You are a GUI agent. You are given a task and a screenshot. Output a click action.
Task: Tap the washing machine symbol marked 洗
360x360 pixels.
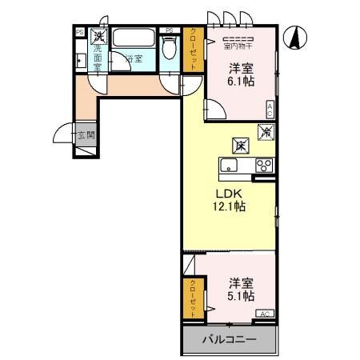(97, 35)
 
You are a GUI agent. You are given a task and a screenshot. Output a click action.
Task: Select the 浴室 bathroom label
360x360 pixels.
(133, 58)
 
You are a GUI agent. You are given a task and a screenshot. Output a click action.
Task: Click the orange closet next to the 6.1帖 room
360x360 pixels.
(193, 50)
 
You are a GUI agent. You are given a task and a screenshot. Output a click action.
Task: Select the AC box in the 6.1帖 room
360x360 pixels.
(270, 110)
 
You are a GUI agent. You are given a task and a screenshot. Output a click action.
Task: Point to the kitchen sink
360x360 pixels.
(228, 166)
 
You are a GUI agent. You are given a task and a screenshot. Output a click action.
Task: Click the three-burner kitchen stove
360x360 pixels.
(263, 166)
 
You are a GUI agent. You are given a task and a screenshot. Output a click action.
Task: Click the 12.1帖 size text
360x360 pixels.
(228, 206)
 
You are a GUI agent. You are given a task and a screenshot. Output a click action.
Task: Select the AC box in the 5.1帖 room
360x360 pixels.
(266, 314)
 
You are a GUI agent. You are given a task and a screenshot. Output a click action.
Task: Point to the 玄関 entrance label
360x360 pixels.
(86, 134)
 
